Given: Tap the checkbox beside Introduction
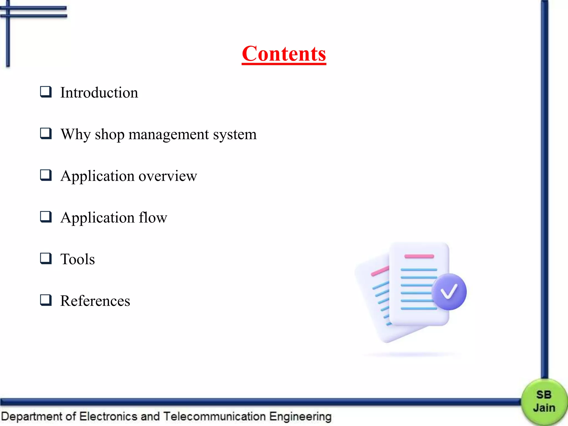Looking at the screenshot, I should click(46, 92).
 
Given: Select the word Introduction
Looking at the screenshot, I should click(99, 93).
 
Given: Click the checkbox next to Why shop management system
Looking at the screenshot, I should click(46, 133).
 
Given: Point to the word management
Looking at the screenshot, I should click(169, 135).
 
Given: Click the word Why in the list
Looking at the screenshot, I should click(75, 135).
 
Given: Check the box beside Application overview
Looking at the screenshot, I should click(46, 175).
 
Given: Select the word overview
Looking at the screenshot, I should click(168, 176).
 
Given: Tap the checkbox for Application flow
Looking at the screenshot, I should click(46, 217).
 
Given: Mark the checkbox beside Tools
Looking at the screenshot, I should click(46, 258).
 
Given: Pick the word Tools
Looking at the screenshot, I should click(78, 259).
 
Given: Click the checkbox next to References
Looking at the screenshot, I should click(46, 300).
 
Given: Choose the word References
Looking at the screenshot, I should click(95, 301).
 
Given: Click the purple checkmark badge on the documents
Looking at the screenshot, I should click(449, 291).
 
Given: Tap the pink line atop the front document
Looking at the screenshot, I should click(419, 256).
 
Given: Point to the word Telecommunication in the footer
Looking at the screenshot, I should click(215, 417).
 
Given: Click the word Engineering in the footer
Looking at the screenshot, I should click(300, 417).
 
